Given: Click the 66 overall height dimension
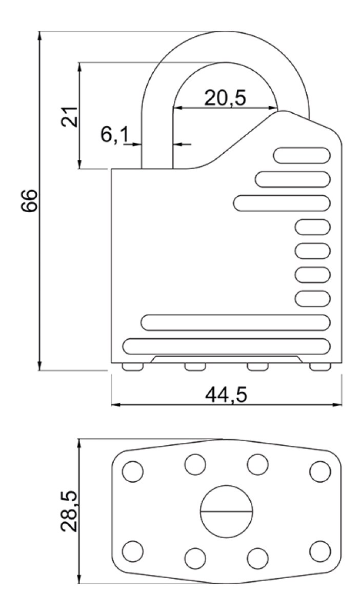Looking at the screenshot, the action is pos(29,200).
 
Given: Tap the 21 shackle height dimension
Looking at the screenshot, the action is pos(69,117).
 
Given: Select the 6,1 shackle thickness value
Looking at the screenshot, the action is pos(115,135).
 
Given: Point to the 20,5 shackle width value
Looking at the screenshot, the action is pos(225,98).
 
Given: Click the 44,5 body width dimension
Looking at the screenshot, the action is pos(226,395).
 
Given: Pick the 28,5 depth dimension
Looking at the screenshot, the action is pos(69,511).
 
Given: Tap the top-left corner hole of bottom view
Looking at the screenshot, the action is pos(133,471).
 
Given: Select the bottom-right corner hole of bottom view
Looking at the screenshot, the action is pos(320,551).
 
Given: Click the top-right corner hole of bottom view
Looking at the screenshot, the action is pos(320,471).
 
